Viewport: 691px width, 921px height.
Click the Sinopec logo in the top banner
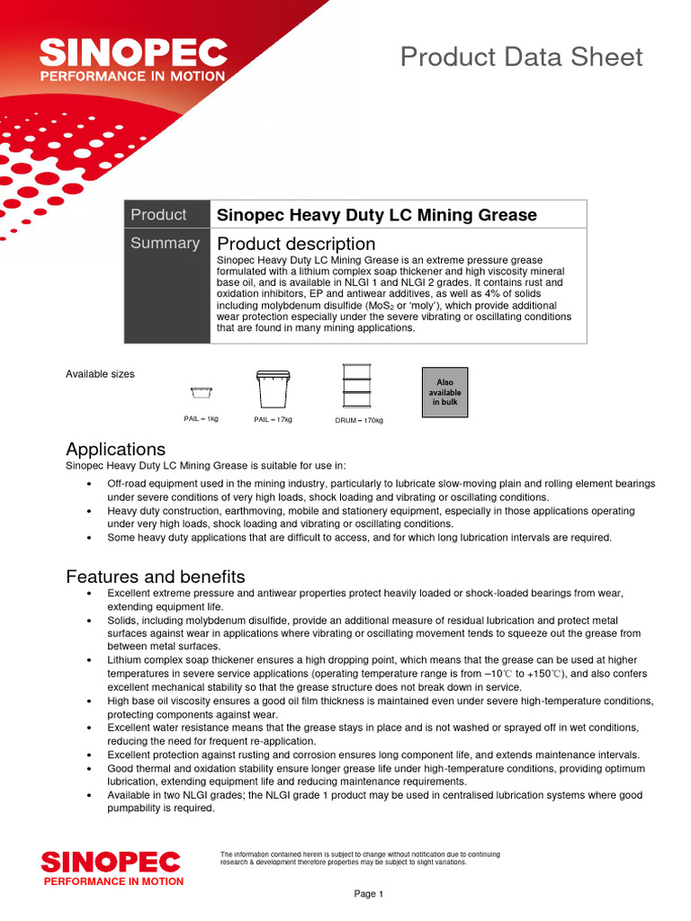click(132, 59)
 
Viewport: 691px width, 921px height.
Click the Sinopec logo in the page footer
click(111, 867)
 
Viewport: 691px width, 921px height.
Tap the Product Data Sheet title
click(521, 57)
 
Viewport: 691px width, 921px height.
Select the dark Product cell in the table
click(166, 214)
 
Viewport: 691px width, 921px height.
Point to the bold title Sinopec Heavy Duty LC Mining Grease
click(377, 215)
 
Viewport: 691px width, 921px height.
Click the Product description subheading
click(296, 244)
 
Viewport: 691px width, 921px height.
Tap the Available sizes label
click(100, 374)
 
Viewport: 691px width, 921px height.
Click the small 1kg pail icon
click(201, 391)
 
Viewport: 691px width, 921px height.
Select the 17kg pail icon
click(273, 389)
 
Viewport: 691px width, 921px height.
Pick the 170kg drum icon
click(358, 387)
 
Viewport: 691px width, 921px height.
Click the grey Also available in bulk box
click(444, 392)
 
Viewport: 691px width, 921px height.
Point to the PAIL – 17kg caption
click(273, 419)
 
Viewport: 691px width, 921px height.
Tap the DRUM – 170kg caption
click(358, 420)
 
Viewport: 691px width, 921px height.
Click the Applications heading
click(115, 449)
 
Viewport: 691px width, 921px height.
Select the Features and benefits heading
click(155, 577)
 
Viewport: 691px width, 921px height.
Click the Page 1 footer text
click(369, 894)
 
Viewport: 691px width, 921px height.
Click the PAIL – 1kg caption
click(201, 419)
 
